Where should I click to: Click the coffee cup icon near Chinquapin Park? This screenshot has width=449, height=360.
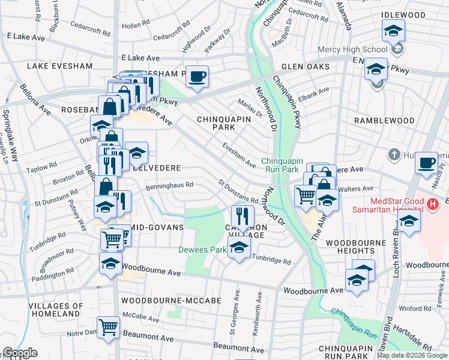(x=197, y=76)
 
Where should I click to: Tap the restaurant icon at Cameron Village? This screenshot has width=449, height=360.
(x=243, y=215)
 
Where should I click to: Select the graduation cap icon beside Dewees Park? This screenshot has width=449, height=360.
(x=239, y=249)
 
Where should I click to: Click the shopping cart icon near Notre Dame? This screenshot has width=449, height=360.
(x=109, y=328)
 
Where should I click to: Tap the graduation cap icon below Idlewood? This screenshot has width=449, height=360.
(x=393, y=30)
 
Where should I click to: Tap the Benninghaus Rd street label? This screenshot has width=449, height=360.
(x=169, y=186)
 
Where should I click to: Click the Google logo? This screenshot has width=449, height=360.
(x=20, y=353)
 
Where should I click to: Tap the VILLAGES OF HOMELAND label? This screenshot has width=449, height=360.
(x=46, y=310)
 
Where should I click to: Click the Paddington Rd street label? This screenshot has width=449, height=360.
(x=53, y=275)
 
